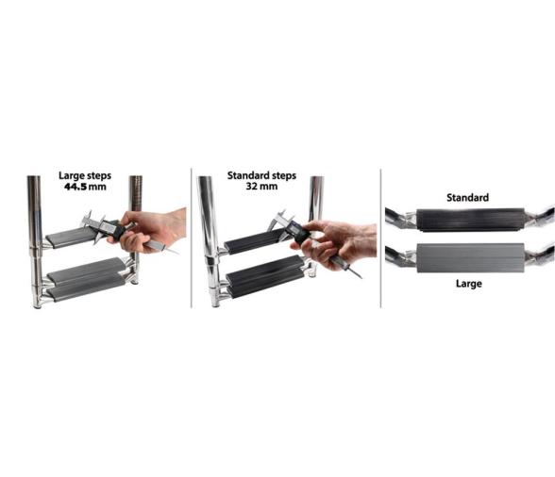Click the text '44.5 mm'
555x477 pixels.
[85, 187]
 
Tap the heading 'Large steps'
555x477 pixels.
[85, 175]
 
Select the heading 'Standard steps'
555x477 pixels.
[261, 175]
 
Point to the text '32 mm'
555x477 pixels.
[261, 186]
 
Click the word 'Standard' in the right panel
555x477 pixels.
[467, 197]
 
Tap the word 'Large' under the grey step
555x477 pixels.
[468, 284]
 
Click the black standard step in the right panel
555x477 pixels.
[471, 220]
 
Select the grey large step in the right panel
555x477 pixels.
[471, 258]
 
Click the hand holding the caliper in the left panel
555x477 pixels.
[149, 230]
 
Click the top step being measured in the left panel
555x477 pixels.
[71, 237]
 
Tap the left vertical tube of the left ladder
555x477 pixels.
[35, 240]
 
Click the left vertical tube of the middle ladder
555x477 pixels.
[210, 240]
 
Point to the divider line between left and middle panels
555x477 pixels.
[191, 238]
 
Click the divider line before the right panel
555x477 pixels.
[380, 238]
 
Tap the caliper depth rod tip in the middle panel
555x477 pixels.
[362, 278]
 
